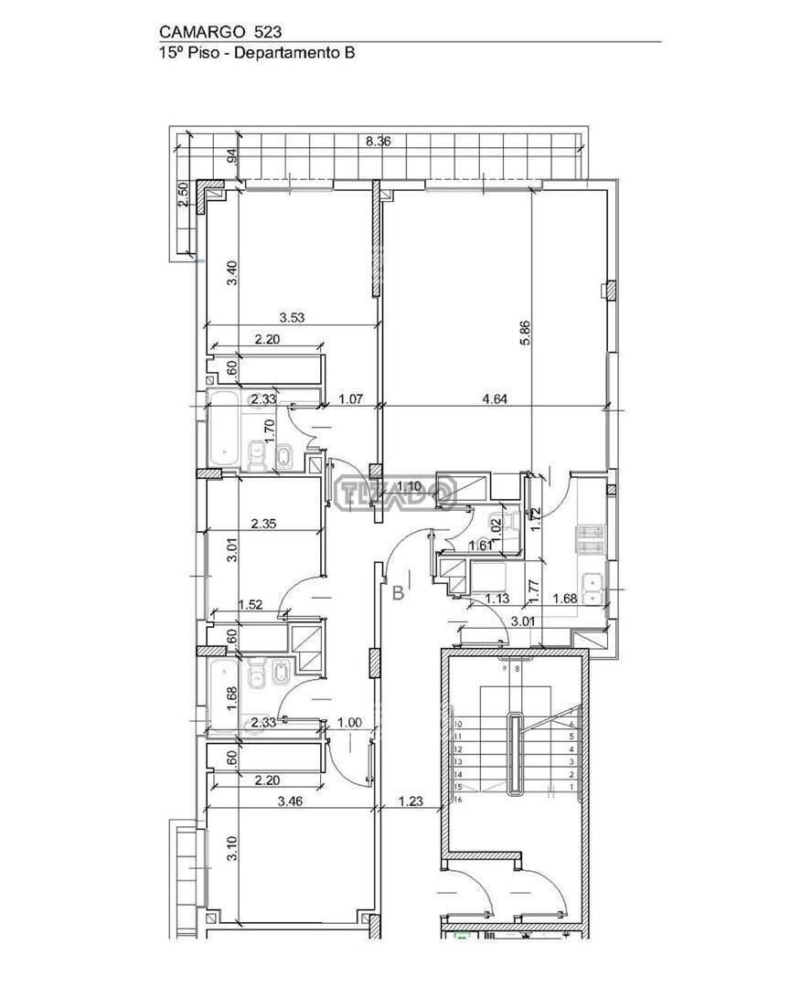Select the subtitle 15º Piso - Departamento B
pyautogui.click(x=257, y=53)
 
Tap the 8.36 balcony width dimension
pyautogui.click(x=379, y=142)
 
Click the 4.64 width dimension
pyautogui.click(x=496, y=398)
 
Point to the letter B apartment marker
pyautogui.click(x=398, y=593)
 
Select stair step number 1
pyautogui.click(x=571, y=787)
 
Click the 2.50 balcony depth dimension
pyautogui.click(x=182, y=196)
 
